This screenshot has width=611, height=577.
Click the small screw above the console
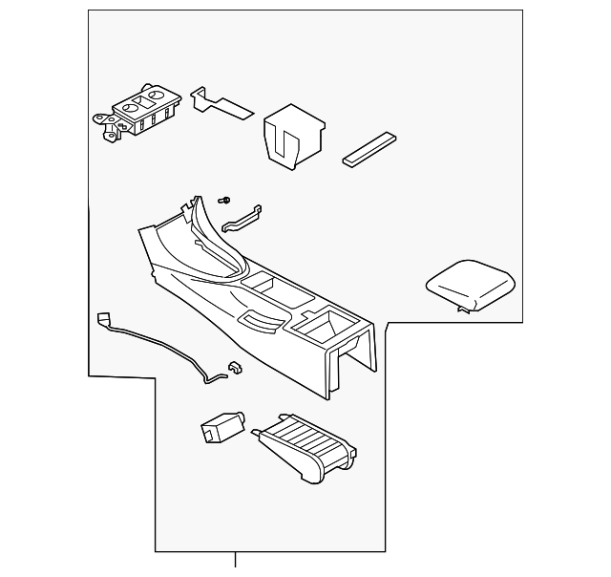(x=224, y=201)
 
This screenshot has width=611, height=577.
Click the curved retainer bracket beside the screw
(x=242, y=219)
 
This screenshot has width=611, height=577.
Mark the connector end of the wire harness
(x=102, y=319)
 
